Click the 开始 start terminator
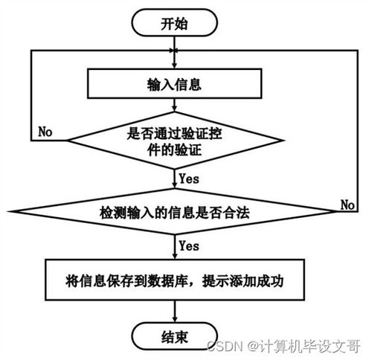pos(174,23)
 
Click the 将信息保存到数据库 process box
pos(175,282)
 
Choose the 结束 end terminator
pos(174,337)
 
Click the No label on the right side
pos(347,205)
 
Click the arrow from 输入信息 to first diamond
pos(175,109)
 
